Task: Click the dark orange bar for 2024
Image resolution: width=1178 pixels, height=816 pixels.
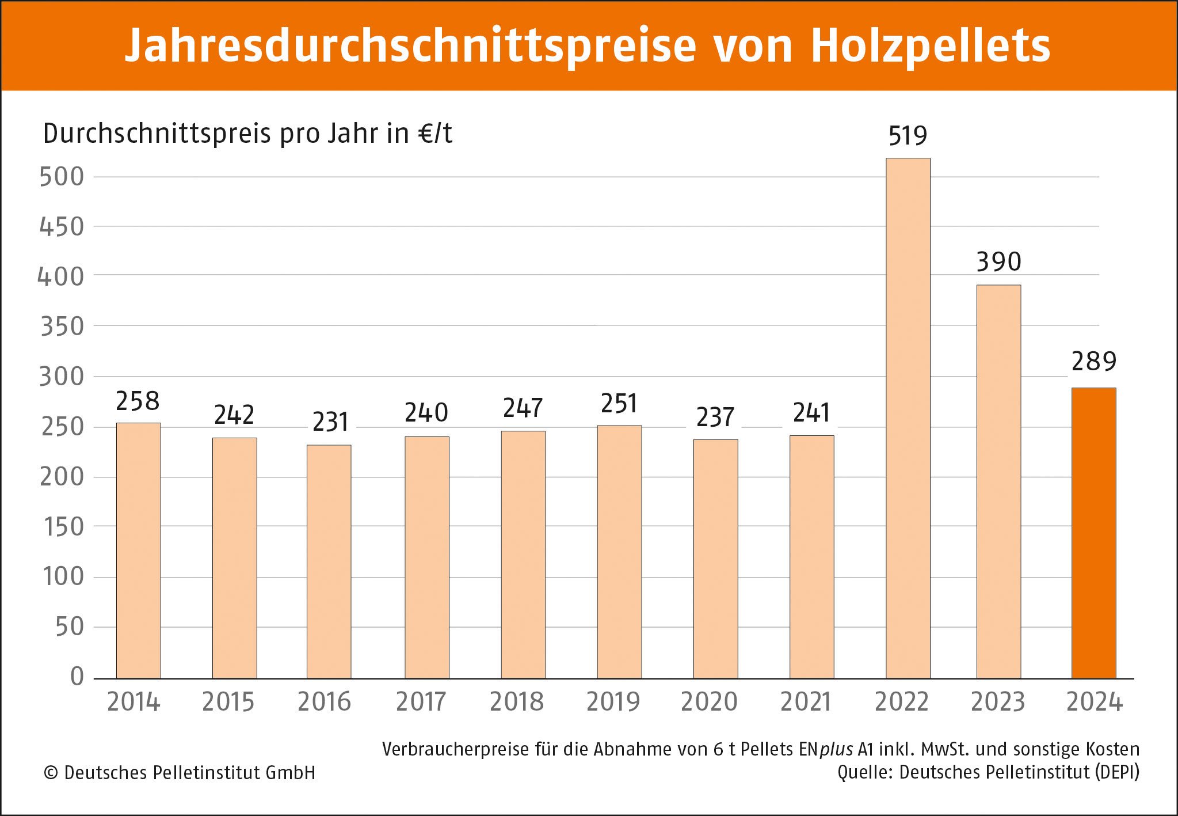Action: [x=1093, y=533]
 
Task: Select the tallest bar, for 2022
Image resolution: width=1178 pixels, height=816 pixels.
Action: [x=908, y=418]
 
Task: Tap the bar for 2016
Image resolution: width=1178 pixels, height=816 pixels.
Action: [x=329, y=561]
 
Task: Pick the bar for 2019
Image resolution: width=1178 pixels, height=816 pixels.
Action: [x=619, y=552]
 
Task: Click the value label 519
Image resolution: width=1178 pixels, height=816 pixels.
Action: [x=908, y=136]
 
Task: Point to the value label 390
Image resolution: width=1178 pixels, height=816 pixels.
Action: [x=998, y=262]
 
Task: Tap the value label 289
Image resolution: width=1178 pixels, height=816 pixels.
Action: [x=1093, y=362]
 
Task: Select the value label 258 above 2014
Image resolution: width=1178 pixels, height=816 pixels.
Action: [x=138, y=401]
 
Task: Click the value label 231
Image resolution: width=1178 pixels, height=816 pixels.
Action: [x=330, y=422]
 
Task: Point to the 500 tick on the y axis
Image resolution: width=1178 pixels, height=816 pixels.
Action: [x=62, y=177]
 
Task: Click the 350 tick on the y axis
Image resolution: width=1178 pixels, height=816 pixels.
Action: [x=62, y=327]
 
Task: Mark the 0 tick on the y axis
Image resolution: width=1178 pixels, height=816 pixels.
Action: [x=77, y=676]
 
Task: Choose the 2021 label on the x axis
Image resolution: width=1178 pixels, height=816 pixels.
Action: [x=806, y=702]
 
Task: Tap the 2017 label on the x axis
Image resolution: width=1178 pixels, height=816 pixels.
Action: [x=421, y=702]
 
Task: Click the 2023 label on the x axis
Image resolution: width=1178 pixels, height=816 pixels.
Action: [x=998, y=702]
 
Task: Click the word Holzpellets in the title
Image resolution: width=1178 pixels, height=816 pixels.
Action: [x=930, y=46]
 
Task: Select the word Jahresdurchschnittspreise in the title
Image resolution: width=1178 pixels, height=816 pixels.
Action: [x=410, y=46]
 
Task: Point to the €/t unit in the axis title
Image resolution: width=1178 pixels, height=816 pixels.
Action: [x=435, y=134]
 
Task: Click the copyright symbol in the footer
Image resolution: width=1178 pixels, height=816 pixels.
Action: [x=51, y=773]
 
